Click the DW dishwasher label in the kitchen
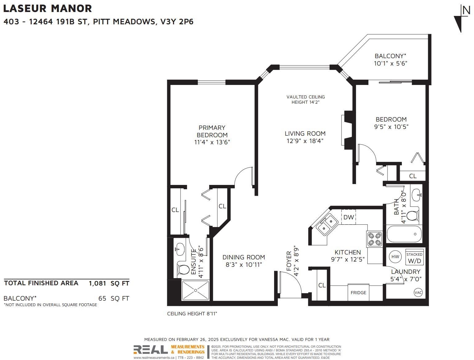click(x=349, y=217)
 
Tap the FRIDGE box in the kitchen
click(x=358, y=292)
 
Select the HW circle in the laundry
click(x=395, y=257)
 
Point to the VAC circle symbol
click(x=418, y=293)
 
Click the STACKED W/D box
click(x=414, y=257)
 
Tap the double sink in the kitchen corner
click(x=327, y=225)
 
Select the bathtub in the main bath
click(x=404, y=234)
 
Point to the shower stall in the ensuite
click(x=196, y=290)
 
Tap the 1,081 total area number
click(x=97, y=283)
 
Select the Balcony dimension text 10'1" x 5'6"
click(x=391, y=63)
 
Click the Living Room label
click(x=305, y=134)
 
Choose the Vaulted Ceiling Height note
click(x=306, y=99)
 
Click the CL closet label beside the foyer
click(x=322, y=285)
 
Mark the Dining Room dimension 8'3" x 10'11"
click(x=244, y=264)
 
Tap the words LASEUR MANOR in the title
click(x=48, y=8)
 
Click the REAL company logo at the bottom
click(x=151, y=350)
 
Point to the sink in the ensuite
click(x=180, y=249)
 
